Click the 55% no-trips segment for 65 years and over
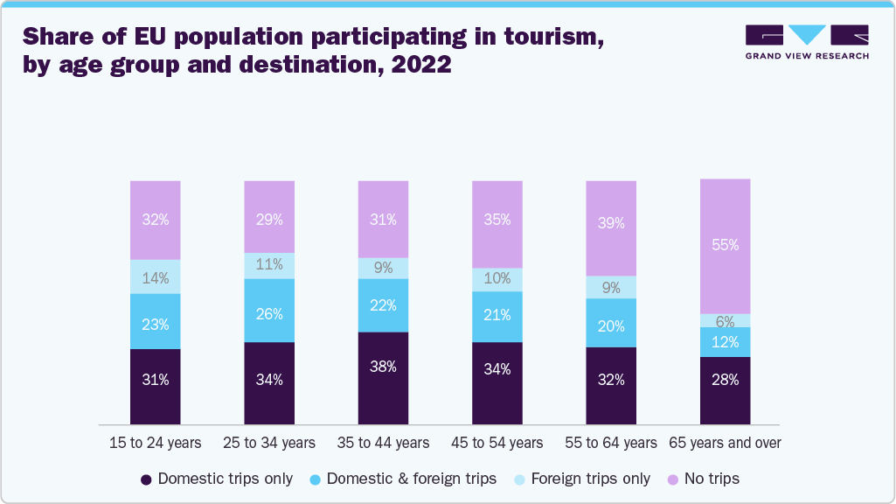[x=725, y=246]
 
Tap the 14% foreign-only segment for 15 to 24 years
[x=155, y=276]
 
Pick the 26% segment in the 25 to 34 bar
[x=269, y=310]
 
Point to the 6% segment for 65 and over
[x=725, y=320]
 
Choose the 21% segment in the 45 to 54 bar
[x=497, y=316]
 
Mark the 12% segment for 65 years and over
[x=725, y=341]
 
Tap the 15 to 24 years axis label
[x=156, y=443]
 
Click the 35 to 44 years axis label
[x=383, y=443]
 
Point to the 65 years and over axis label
[x=725, y=443]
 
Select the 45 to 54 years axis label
[x=497, y=443]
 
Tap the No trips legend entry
[x=704, y=479]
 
